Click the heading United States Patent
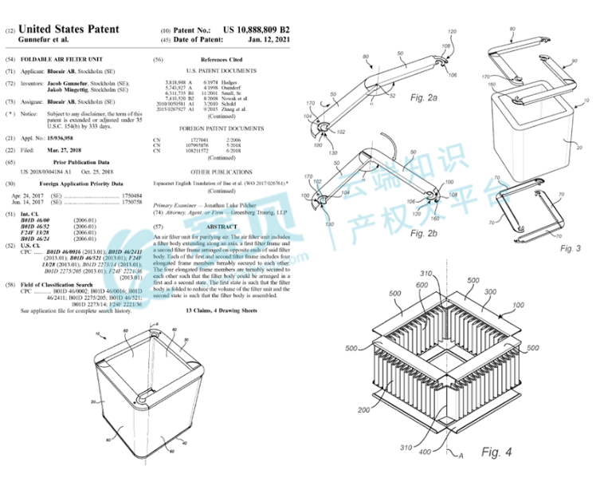click(66, 29)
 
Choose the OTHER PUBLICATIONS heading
click(221, 171)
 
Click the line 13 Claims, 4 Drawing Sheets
click(221, 309)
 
